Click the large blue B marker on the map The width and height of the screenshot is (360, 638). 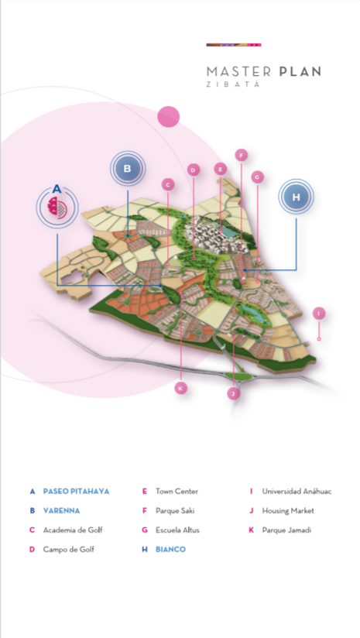coord(128,169)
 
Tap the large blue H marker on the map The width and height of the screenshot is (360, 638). coord(297,197)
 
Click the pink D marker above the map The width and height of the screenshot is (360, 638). coord(194,170)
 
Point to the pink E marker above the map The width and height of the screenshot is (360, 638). coord(221,169)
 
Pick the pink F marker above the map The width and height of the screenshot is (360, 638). coord(242,155)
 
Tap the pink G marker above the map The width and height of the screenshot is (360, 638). coord(258,177)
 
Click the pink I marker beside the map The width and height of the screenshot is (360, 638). coord(319,314)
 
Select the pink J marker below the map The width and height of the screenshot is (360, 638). coord(233,393)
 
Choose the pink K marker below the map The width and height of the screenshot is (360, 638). coord(181,388)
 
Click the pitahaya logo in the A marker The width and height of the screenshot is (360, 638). coord(57,208)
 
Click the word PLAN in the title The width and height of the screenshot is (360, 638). coord(300,71)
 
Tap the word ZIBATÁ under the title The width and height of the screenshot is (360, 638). coord(233,84)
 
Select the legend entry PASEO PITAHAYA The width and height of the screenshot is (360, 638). coord(76,491)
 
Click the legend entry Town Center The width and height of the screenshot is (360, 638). coord(177,491)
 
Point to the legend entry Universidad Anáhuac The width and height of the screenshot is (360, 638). coord(297,491)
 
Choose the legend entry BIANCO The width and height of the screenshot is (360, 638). coord(170,549)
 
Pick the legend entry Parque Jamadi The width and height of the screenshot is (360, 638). coord(286,530)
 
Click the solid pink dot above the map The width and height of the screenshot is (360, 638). coord(169,117)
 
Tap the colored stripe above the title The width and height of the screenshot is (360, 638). coord(234,45)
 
